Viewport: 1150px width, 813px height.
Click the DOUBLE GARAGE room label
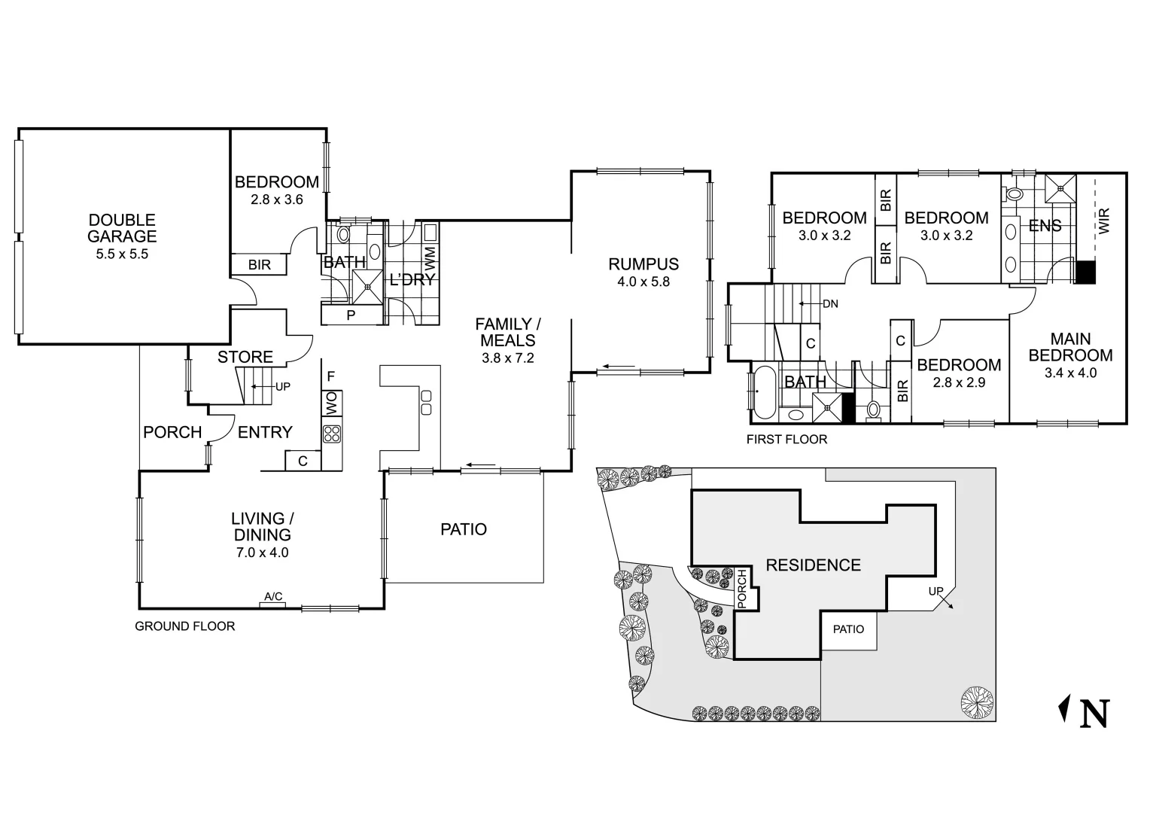coord(122,228)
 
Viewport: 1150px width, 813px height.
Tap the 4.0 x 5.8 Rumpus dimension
coord(643,282)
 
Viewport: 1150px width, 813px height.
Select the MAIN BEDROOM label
coord(1070,347)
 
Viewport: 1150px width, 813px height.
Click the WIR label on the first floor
coord(1104,220)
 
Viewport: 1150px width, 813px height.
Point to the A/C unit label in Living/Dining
coord(272,597)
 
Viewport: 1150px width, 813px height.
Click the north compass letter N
coord(1094,714)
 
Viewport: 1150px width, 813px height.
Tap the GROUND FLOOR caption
coord(184,626)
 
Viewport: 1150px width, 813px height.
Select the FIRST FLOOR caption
coord(786,440)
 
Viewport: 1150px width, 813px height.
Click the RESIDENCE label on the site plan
coord(813,565)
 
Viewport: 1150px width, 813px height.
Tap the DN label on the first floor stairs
coord(830,304)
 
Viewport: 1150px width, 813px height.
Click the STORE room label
coord(245,357)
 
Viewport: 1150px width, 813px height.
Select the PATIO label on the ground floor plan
coord(464,529)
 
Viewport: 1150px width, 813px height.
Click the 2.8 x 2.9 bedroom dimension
coord(959,382)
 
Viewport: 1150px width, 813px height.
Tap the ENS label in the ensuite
coord(1045,225)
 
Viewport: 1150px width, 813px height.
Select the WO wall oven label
coord(331,403)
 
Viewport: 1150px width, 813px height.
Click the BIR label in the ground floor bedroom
coord(259,266)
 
